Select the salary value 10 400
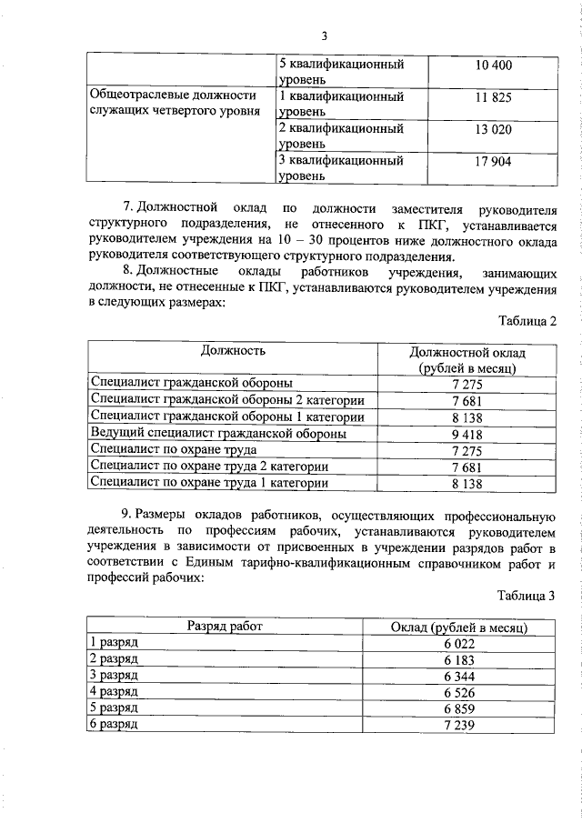(x=494, y=65)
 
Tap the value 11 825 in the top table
(x=494, y=96)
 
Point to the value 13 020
(x=494, y=129)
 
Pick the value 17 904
(x=494, y=161)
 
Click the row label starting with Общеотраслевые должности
(x=174, y=104)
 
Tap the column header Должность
(x=233, y=349)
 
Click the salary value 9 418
(x=467, y=435)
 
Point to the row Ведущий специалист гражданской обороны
(x=218, y=435)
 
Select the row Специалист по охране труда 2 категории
(x=210, y=467)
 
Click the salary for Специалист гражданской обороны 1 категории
(x=467, y=418)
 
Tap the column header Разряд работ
(x=225, y=627)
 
